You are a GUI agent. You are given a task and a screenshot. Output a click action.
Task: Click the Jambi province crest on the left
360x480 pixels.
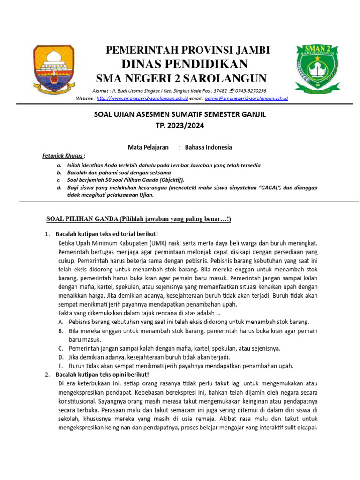(53, 68)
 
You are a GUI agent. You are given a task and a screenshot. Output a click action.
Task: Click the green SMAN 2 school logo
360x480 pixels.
(314, 68)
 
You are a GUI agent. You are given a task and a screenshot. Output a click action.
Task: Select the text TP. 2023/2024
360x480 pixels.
(180, 126)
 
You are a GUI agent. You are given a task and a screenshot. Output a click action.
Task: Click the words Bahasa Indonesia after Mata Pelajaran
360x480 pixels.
(208, 147)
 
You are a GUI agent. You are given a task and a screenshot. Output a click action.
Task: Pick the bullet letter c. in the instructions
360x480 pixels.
(59, 180)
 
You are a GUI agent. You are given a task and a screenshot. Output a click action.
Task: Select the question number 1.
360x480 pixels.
(47, 233)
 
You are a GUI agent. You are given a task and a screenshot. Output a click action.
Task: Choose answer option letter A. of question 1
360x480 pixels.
(61, 322)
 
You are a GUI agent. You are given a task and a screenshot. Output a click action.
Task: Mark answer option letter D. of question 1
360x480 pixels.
(61, 357)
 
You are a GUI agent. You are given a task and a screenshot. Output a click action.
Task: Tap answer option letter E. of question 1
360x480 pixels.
(61, 366)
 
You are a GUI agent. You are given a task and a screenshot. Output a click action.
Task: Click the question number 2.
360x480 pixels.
(47, 375)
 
